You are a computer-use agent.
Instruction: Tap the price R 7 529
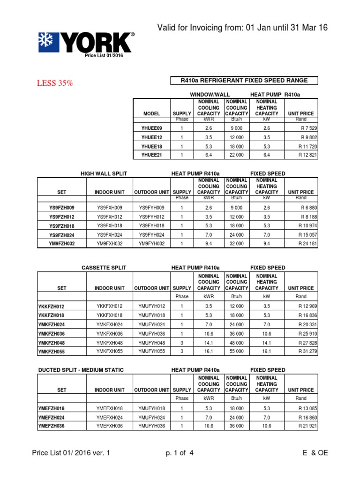(308, 128)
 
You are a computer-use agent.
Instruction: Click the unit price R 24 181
(307, 243)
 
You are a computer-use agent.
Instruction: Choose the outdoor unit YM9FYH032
(152, 243)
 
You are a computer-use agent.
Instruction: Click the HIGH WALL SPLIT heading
(104, 174)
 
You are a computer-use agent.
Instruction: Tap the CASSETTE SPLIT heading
(104, 268)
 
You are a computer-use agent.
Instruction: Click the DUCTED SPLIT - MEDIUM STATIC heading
(81, 370)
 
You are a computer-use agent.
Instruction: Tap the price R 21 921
(307, 426)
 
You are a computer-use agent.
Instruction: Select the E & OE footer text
(315, 453)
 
